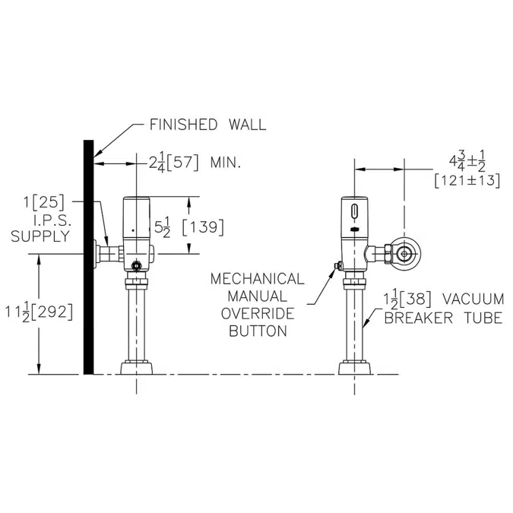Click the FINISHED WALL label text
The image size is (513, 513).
coord(207,125)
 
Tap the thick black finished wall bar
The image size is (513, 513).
coord(88,258)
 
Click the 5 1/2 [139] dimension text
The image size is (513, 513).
coord(186,226)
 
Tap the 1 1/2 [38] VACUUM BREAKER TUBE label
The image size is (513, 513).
coord(442,308)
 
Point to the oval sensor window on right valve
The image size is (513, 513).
coord(355,207)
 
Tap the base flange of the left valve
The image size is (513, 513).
coord(137,368)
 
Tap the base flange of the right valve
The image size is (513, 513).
coord(355,368)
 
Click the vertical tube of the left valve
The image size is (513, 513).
coord(137,327)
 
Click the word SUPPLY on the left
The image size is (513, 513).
coord(40,236)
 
